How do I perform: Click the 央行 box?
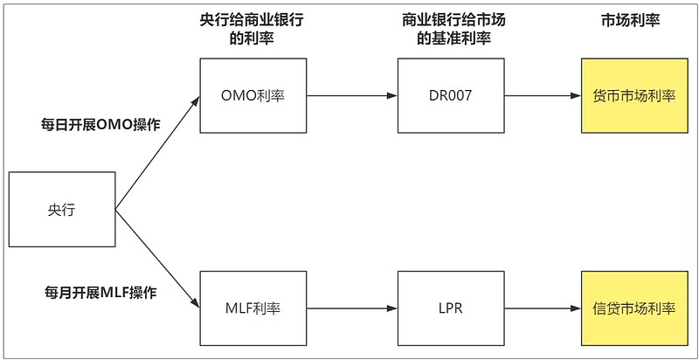(61, 210)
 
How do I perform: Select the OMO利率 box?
(253, 95)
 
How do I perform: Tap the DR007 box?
(451, 95)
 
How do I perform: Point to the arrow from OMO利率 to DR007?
(352, 95)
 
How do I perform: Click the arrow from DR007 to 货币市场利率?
(543, 95)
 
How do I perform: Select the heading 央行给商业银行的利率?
(253, 29)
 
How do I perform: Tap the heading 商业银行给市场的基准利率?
(451, 29)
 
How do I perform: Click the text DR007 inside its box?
(451, 95)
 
